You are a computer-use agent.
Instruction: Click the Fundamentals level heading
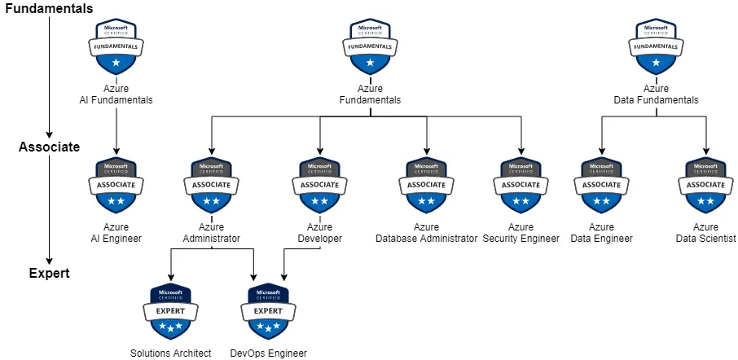coord(46,8)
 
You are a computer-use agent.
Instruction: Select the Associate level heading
coord(49,147)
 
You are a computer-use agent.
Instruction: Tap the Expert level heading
coord(49,274)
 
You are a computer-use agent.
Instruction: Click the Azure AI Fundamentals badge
coord(116,47)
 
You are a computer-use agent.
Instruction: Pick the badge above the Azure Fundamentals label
coord(370,47)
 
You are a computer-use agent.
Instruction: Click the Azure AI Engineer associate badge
coord(116,185)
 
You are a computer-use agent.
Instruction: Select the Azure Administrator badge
coord(211,185)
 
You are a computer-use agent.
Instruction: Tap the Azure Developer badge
coord(319,185)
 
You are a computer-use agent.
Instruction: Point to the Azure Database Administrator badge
coord(426,185)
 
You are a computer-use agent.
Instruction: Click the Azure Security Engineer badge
coord(521,185)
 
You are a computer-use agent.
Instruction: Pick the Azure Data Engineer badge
coord(601,185)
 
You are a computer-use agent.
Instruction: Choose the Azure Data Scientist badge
coord(705,185)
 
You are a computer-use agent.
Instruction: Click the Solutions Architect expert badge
coord(170,311)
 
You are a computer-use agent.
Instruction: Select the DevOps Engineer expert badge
coord(268,311)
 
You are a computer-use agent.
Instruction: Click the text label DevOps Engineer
coord(268,353)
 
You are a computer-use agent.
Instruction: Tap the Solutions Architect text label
coord(170,353)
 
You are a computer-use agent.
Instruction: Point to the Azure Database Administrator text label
coord(426,239)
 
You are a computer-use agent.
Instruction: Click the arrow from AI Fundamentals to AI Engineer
coord(116,130)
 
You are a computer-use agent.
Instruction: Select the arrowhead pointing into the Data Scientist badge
coord(705,151)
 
